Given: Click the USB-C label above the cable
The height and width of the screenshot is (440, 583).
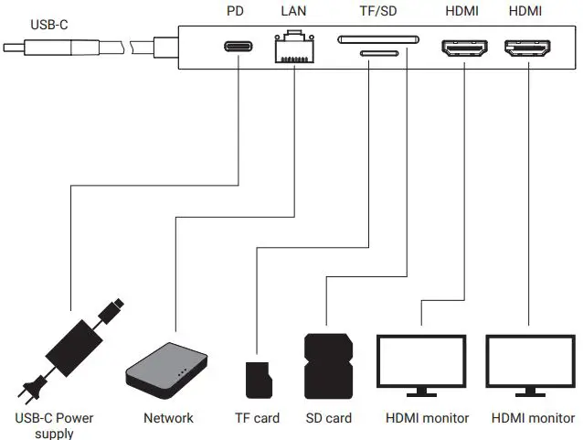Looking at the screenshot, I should point(48,25).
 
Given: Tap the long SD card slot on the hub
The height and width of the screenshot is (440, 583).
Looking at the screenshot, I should point(378,39).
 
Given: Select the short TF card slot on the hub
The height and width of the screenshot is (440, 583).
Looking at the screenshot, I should point(378,53).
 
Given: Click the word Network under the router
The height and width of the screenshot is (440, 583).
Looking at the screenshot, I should point(168,418).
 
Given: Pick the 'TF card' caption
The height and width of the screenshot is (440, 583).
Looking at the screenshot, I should point(257,418).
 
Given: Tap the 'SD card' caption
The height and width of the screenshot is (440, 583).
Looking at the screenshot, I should point(327,418).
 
